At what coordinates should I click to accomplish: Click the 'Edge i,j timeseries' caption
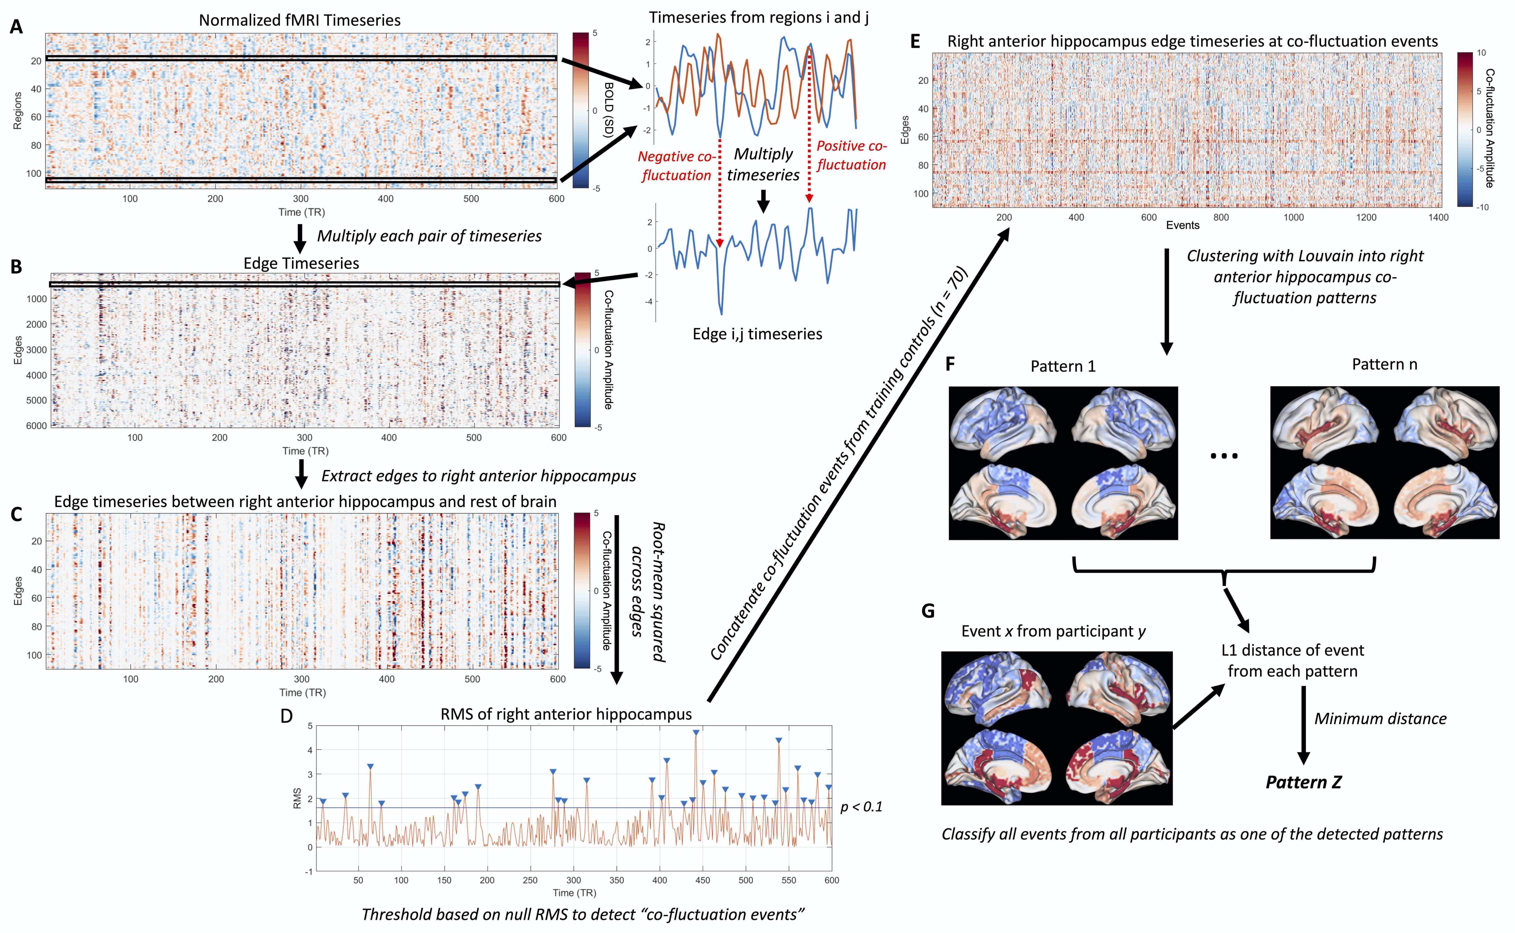(757, 334)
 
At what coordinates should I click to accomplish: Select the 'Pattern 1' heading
(1063, 366)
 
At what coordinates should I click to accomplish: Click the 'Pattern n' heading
(1384, 365)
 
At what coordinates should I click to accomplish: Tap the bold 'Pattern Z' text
(1303, 782)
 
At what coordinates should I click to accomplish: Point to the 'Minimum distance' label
(1380, 719)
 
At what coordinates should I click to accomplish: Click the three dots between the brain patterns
(1224, 456)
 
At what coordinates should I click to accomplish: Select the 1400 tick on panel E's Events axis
(1438, 217)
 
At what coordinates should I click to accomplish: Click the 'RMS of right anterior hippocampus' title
(566, 715)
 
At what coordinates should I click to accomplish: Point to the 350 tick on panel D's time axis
(617, 880)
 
